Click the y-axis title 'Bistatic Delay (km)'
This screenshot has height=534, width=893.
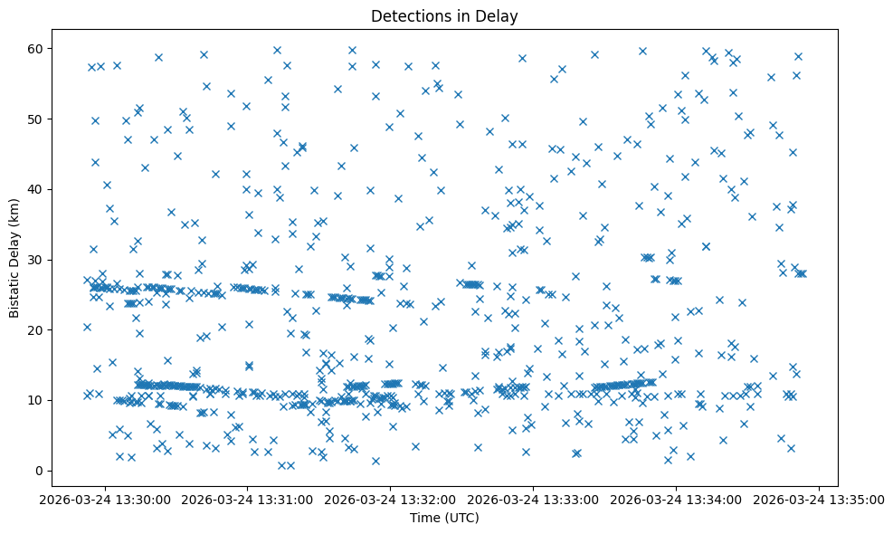(14, 257)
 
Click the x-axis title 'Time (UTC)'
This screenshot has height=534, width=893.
(443, 518)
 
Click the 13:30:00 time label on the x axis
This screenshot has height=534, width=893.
(105, 500)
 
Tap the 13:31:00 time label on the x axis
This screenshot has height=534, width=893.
(248, 500)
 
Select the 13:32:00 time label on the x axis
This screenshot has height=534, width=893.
(391, 500)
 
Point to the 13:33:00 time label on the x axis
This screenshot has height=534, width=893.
(534, 500)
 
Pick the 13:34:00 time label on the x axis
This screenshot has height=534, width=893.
(677, 500)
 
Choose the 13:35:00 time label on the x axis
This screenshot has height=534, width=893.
(820, 500)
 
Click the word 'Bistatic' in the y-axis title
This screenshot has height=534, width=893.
(14, 294)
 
